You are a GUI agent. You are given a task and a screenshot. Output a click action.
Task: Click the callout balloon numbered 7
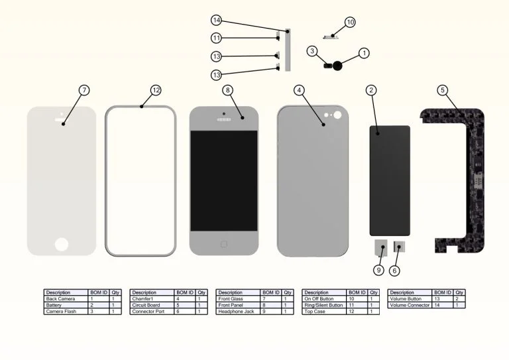click(x=84, y=90)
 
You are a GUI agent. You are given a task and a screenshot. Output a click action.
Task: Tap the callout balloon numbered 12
click(x=156, y=90)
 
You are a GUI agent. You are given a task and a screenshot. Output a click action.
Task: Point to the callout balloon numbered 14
click(x=217, y=21)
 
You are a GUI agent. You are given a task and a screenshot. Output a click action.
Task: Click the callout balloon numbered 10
click(x=350, y=23)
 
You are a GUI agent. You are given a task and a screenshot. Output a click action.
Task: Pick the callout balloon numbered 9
click(x=378, y=270)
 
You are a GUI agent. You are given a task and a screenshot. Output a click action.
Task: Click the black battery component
click(x=390, y=180)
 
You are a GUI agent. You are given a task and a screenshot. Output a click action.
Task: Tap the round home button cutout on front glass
click(x=61, y=243)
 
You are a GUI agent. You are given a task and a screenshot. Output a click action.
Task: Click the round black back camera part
click(x=339, y=66)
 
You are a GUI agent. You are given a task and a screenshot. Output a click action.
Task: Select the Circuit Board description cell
click(x=144, y=305)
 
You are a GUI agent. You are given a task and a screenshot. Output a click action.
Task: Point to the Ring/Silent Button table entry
click(x=321, y=305)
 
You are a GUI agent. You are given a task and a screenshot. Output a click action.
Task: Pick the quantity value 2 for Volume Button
click(x=459, y=299)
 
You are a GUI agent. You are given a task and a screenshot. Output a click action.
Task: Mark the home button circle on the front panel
click(x=223, y=244)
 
